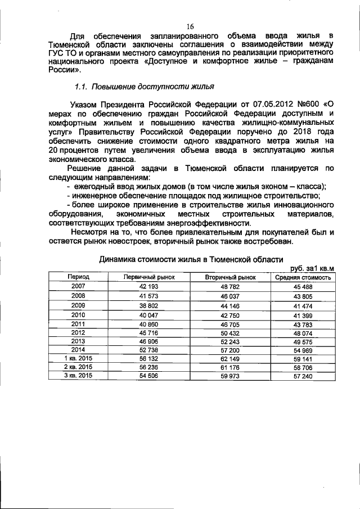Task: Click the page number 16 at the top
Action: (190, 26)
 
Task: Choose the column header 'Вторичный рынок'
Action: (231, 277)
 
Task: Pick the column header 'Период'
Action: (78, 277)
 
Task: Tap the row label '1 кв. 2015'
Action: (78, 358)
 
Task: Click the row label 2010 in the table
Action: (78, 315)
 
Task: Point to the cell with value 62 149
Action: (231, 358)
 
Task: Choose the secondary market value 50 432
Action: (231, 332)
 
